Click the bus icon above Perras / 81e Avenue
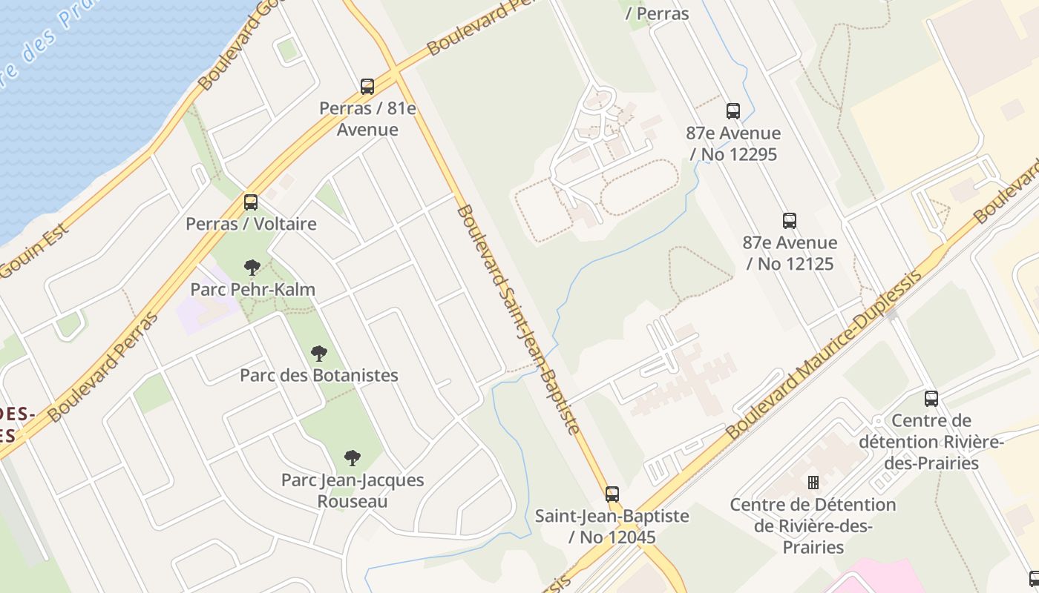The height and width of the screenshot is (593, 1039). (367, 87)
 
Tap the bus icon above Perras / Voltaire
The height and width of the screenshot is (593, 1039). (251, 202)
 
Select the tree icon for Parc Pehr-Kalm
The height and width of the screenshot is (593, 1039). (252, 268)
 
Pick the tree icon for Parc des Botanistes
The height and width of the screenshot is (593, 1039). (319, 354)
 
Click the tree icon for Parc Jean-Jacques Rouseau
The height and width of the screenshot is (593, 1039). (353, 458)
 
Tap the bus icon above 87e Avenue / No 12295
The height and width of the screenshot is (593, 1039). (733, 111)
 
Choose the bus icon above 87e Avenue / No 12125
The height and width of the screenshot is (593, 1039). (790, 221)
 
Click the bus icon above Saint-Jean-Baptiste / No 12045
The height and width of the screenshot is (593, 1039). (612, 494)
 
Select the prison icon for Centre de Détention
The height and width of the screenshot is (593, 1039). (813, 483)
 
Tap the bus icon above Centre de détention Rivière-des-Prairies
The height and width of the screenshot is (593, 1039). (931, 399)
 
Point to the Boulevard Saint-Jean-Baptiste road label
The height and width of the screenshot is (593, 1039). (517, 319)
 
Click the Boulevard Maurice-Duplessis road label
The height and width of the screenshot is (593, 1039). (824, 355)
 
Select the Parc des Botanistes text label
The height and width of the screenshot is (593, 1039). (319, 375)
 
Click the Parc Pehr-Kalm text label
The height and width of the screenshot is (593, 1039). (253, 289)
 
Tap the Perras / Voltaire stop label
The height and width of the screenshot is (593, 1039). (251, 224)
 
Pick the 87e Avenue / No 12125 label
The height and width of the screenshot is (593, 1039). (790, 253)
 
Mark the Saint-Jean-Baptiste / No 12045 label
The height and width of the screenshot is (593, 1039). (612, 526)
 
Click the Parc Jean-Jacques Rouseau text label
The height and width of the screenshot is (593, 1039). (353, 490)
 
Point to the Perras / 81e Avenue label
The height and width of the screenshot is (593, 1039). (367, 119)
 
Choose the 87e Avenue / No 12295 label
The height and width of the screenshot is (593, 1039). (733, 144)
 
